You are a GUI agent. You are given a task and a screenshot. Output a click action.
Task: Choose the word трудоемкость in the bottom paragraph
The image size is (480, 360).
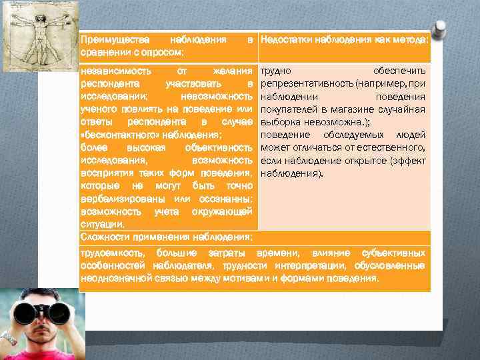114,254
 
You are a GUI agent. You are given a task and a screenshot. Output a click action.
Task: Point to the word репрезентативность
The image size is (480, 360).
306,83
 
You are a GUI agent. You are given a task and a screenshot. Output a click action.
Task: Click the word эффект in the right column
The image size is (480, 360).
409,160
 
